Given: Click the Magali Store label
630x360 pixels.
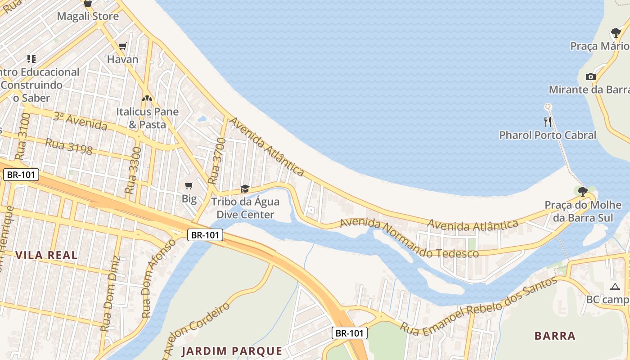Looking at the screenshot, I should [x=88, y=17].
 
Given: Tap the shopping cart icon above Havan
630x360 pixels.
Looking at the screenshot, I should [x=122, y=46].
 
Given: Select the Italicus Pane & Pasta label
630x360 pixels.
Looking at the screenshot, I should [x=147, y=118].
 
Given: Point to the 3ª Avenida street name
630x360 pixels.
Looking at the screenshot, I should [x=80, y=121].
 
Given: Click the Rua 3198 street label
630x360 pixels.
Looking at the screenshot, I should [x=69, y=147].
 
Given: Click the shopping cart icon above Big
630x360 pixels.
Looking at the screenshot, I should [x=189, y=186].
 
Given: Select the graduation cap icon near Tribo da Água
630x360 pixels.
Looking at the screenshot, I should [x=245, y=189].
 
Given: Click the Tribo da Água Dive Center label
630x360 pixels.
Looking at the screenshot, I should [x=245, y=208].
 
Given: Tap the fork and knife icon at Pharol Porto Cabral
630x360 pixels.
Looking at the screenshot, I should [x=548, y=121].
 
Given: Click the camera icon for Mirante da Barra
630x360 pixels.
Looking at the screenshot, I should [x=591, y=77].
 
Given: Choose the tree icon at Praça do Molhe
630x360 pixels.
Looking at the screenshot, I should [x=582, y=192].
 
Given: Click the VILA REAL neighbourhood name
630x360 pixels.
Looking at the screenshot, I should [x=46, y=255].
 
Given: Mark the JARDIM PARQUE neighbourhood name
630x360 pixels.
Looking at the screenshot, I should [x=232, y=351].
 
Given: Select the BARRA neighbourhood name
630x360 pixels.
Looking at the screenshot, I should [x=555, y=336].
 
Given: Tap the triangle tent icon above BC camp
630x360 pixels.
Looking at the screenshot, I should [x=615, y=287].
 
